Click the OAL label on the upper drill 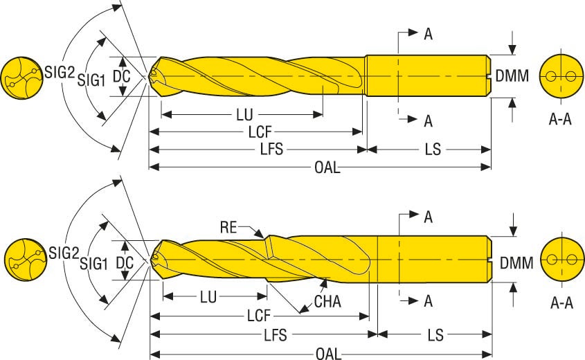pos(327,168)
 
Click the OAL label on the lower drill pos(328,354)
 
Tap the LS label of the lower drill pos(435,336)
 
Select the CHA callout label pos(327,302)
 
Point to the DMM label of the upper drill pos(512,76)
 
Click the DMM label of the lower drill pos(516,262)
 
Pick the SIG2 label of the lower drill pos(61,253)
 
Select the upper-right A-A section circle pos(559,75)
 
